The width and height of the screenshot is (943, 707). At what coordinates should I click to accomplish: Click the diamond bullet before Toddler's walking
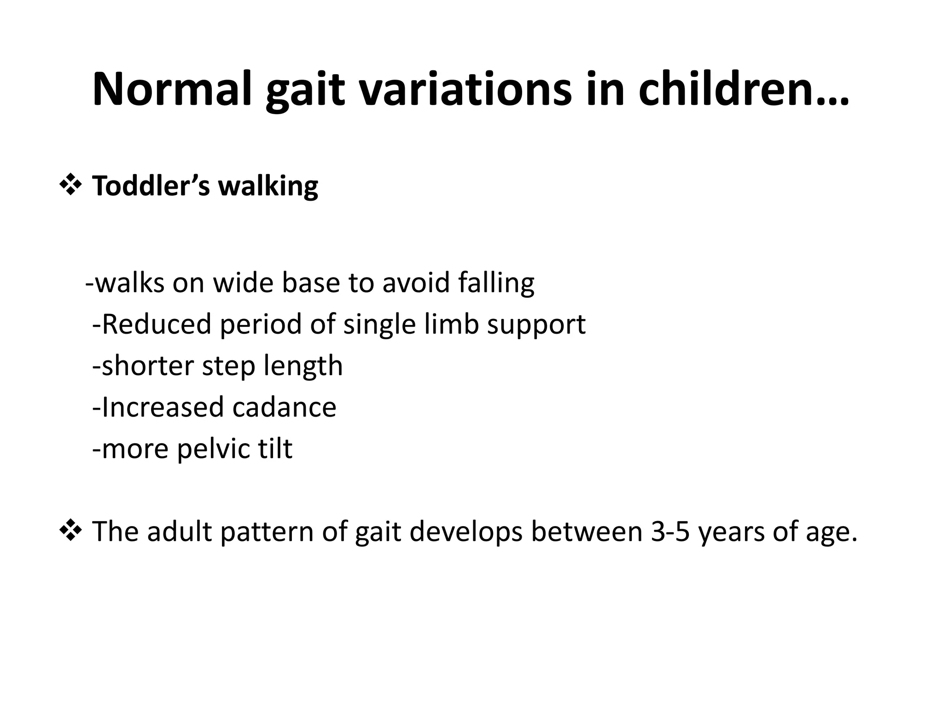tap(70, 186)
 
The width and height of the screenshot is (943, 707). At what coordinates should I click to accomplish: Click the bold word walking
tap(268, 187)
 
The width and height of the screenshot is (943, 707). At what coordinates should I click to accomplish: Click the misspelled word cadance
tap(284, 407)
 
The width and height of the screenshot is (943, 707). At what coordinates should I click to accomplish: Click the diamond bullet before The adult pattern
tap(70, 531)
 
